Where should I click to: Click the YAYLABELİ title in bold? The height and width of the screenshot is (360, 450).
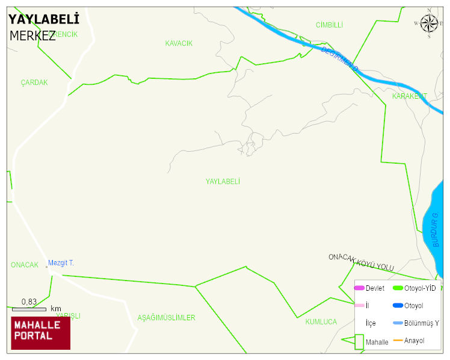(x=44, y=20)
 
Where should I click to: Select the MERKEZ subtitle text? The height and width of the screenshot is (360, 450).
(x=32, y=36)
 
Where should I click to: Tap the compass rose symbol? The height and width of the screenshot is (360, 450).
(x=429, y=23)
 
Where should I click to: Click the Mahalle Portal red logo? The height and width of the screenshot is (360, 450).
(x=40, y=333)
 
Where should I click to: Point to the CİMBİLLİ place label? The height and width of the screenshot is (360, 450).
(x=329, y=25)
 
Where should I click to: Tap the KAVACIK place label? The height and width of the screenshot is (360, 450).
(x=179, y=43)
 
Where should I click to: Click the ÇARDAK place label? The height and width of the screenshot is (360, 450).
(x=34, y=82)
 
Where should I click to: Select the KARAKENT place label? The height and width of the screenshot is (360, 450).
(x=409, y=96)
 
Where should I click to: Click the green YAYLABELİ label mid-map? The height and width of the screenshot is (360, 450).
(x=223, y=181)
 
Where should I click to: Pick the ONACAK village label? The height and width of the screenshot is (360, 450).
(x=24, y=265)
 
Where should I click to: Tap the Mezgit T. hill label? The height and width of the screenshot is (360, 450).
(x=61, y=263)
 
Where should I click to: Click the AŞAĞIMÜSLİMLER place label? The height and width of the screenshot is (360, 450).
(x=166, y=317)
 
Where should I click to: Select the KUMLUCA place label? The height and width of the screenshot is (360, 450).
(x=321, y=322)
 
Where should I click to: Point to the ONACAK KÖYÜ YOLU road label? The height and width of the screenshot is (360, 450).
(x=361, y=262)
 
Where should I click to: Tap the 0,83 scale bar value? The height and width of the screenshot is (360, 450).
(x=29, y=302)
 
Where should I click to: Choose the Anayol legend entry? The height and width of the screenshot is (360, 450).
(x=414, y=341)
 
